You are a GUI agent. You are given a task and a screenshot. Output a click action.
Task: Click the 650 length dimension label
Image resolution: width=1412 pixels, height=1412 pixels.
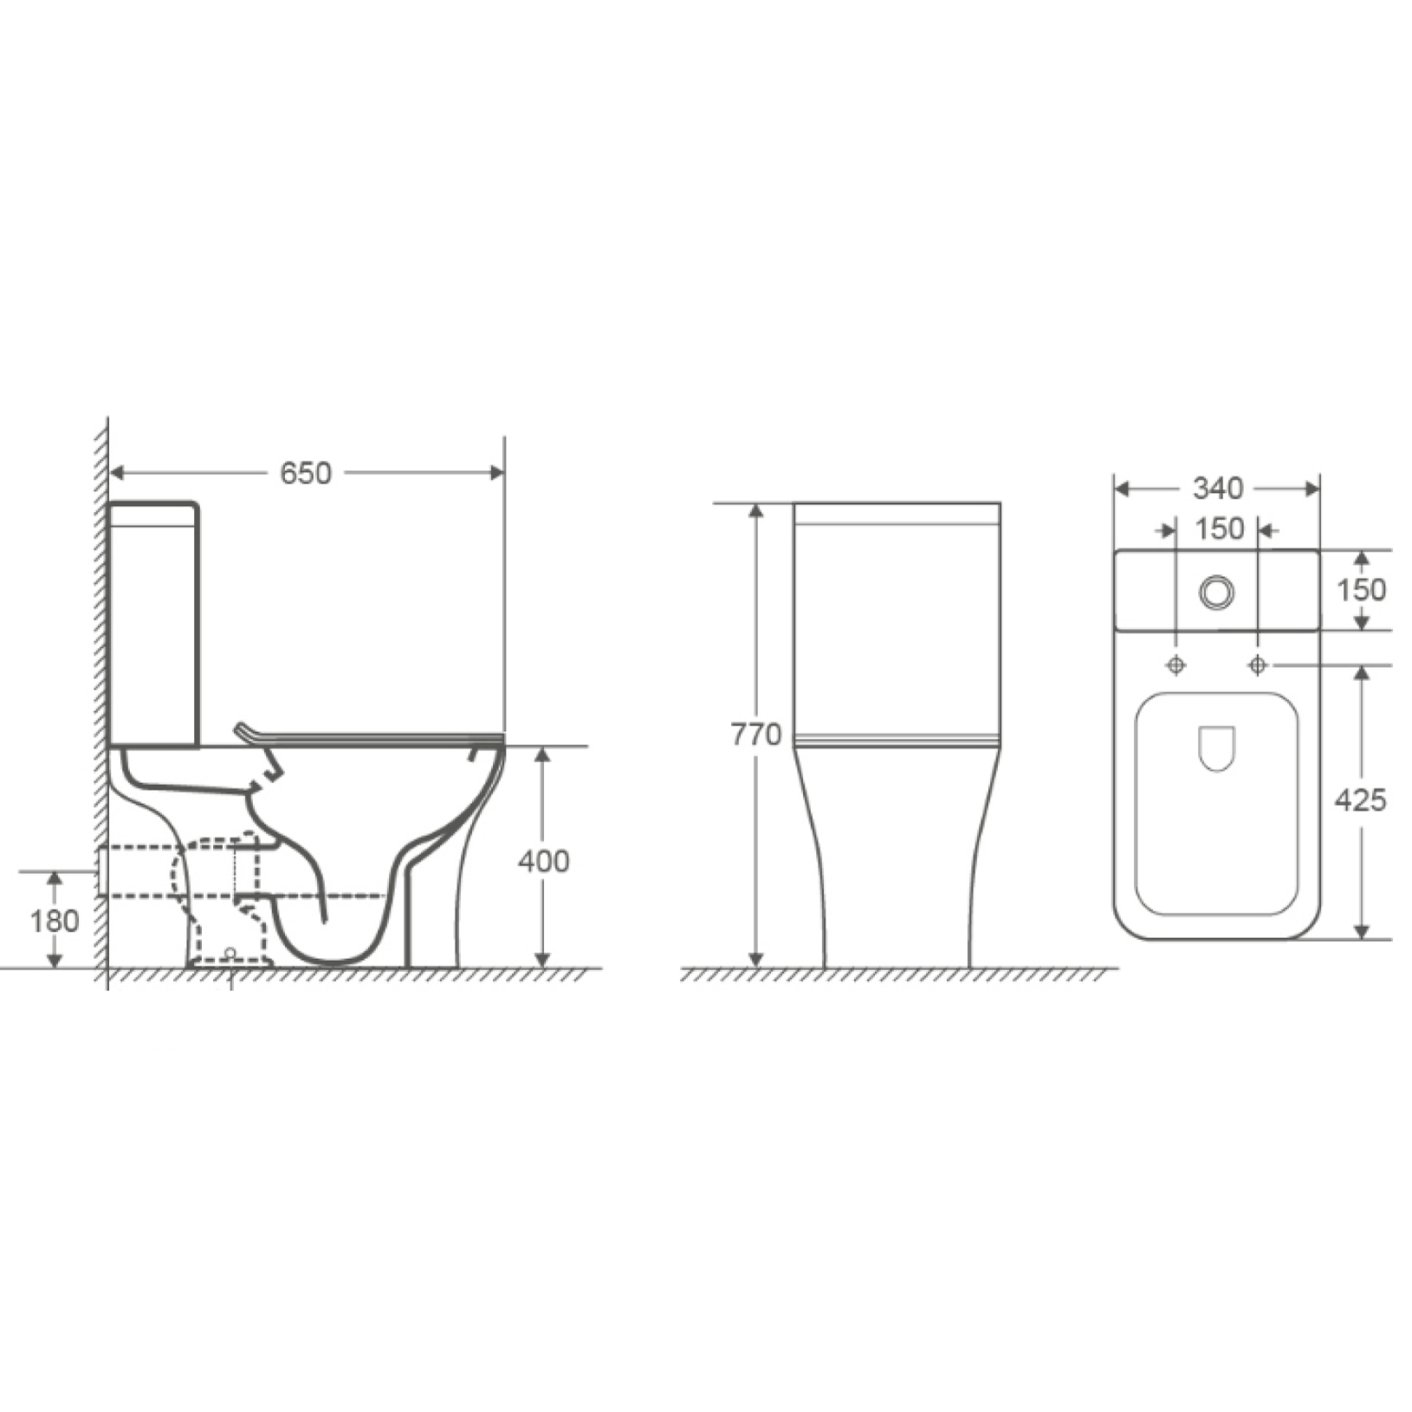click(306, 473)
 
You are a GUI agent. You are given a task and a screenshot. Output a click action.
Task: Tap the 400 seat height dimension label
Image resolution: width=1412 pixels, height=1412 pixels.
click(544, 861)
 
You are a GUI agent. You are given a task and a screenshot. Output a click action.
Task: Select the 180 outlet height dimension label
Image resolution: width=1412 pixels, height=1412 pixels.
click(55, 921)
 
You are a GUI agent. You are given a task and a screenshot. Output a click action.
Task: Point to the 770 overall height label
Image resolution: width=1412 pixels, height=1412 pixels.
click(756, 735)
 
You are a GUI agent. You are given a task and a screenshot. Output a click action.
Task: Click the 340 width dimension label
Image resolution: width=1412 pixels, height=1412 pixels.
click(1218, 489)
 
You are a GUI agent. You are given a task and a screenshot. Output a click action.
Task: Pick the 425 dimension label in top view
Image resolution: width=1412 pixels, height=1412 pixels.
click(1361, 800)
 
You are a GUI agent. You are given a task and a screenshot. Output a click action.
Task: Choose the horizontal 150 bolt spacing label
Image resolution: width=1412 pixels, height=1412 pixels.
click(1220, 528)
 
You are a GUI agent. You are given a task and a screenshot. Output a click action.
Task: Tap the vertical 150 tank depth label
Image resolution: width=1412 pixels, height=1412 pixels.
click(1361, 590)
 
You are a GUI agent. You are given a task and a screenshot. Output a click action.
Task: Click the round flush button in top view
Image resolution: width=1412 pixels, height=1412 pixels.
click(1217, 592)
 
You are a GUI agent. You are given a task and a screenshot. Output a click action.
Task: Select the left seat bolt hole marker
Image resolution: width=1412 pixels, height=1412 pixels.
click(1176, 664)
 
